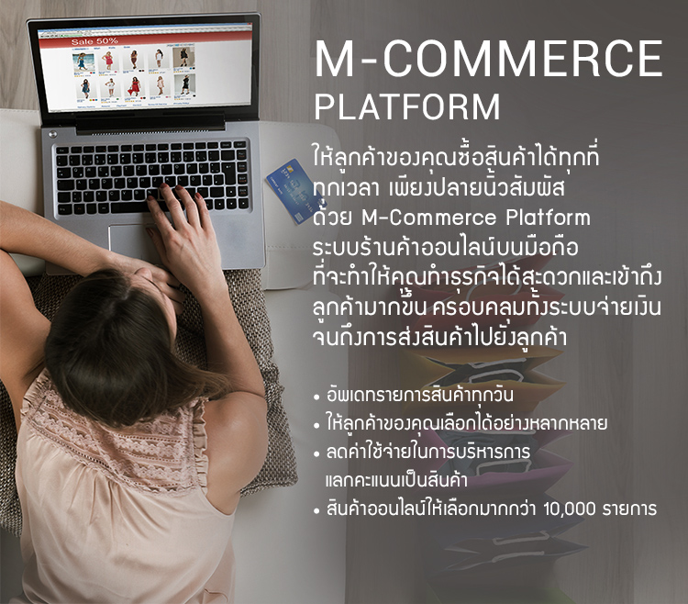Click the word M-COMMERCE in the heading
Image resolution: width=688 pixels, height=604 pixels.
[x=488, y=59]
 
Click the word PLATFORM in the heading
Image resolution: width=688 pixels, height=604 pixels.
[x=407, y=106]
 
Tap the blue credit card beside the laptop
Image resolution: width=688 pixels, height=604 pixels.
[x=290, y=190]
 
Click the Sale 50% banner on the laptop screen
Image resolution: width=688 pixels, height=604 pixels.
[x=94, y=41]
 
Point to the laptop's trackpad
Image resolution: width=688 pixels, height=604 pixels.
[x=131, y=241]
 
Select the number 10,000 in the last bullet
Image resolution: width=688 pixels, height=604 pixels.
[x=570, y=509]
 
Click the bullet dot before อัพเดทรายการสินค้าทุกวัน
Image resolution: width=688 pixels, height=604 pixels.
[x=316, y=397]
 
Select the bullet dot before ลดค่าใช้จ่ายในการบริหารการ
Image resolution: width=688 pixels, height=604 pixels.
[x=316, y=454]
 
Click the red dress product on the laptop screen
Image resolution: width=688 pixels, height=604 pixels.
[x=135, y=86]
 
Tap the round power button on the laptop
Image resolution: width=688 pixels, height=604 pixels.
[x=52, y=134]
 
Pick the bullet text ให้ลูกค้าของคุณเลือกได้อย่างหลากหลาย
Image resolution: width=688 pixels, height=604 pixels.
[x=466, y=423]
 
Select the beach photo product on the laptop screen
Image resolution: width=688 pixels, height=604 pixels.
[x=83, y=62]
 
